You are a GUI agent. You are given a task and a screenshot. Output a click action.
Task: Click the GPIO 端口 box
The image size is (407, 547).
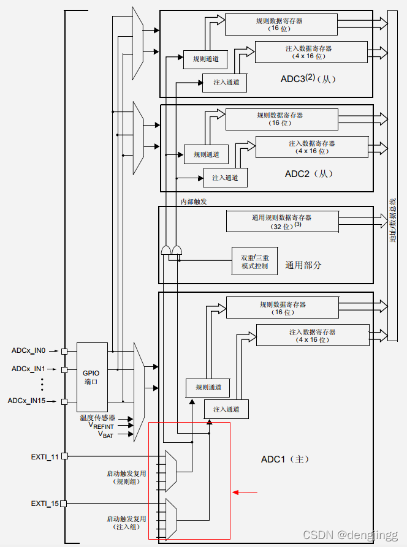point(92,377)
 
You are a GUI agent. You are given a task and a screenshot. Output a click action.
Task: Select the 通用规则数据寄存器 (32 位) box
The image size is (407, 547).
point(282,221)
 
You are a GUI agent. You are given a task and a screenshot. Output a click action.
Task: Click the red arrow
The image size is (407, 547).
point(245,491)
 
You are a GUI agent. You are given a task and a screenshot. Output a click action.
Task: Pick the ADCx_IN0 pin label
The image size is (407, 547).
point(28,350)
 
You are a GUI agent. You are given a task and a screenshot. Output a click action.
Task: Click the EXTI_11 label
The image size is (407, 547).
point(45,456)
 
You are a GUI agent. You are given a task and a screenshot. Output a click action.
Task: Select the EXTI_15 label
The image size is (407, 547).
point(45,504)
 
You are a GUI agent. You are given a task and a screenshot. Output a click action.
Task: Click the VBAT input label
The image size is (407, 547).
point(105,434)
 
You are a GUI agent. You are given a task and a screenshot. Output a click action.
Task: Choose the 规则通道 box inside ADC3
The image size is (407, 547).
point(205,59)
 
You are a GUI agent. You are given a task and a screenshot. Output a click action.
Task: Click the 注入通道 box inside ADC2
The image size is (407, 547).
point(225,178)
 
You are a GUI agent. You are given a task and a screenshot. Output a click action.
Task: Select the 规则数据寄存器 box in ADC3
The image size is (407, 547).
point(280,24)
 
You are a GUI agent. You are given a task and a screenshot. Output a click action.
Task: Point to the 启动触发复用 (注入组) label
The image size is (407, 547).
point(127,522)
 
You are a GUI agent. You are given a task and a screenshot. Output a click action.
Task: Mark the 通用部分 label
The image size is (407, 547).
point(303,265)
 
